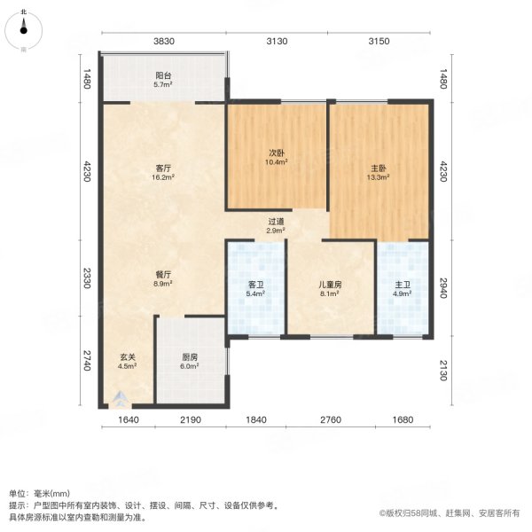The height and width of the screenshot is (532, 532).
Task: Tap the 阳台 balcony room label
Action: click(x=163, y=75)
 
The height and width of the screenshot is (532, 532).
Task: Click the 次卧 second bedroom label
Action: click(x=277, y=153)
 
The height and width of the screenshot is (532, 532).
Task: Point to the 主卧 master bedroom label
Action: click(x=379, y=166)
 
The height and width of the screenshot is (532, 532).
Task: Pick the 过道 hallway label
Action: click(x=277, y=221)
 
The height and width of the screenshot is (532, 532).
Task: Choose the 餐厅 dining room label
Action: click(x=163, y=274)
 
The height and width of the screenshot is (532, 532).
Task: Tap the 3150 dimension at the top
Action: click(x=379, y=42)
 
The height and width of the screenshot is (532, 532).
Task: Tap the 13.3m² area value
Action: click(x=379, y=176)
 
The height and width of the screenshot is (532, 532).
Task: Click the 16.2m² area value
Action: click(x=163, y=176)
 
